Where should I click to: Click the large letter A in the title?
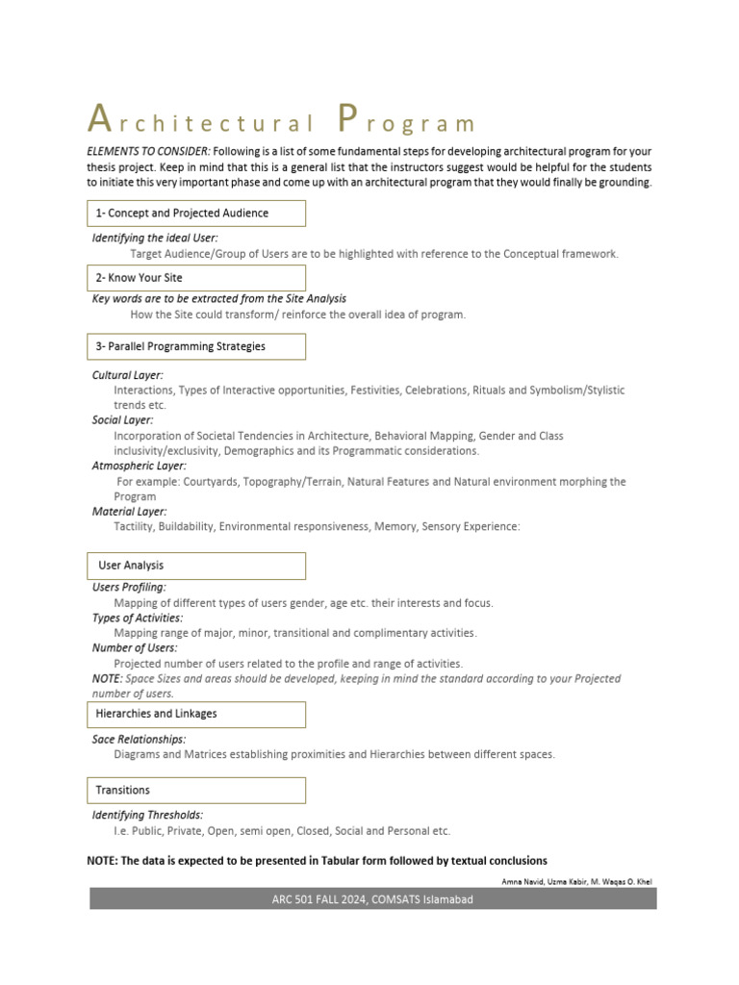pyautogui.click(x=98, y=118)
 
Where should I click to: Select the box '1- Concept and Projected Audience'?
pyautogui.click(x=196, y=214)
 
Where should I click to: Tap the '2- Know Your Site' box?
pyautogui.click(x=196, y=278)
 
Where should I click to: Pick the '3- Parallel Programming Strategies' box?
pyautogui.click(x=196, y=346)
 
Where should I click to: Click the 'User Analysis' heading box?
pyautogui.click(x=196, y=566)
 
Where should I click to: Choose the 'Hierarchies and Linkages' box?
pyautogui.click(x=196, y=714)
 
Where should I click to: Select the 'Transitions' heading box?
pyautogui.click(x=196, y=790)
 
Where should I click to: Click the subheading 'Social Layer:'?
pyautogui.click(x=122, y=420)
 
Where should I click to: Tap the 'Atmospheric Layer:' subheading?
pyautogui.click(x=140, y=466)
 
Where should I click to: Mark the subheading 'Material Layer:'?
pyautogui.click(x=129, y=512)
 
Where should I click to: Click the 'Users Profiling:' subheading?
pyautogui.click(x=129, y=587)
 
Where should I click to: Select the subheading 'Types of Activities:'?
pyautogui.click(x=138, y=618)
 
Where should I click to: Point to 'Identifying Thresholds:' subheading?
pyautogui.click(x=147, y=815)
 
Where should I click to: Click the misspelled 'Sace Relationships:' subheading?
pyautogui.click(x=140, y=739)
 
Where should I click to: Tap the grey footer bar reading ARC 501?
pyautogui.click(x=373, y=899)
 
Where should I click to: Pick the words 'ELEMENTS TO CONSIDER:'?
pyautogui.click(x=148, y=152)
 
